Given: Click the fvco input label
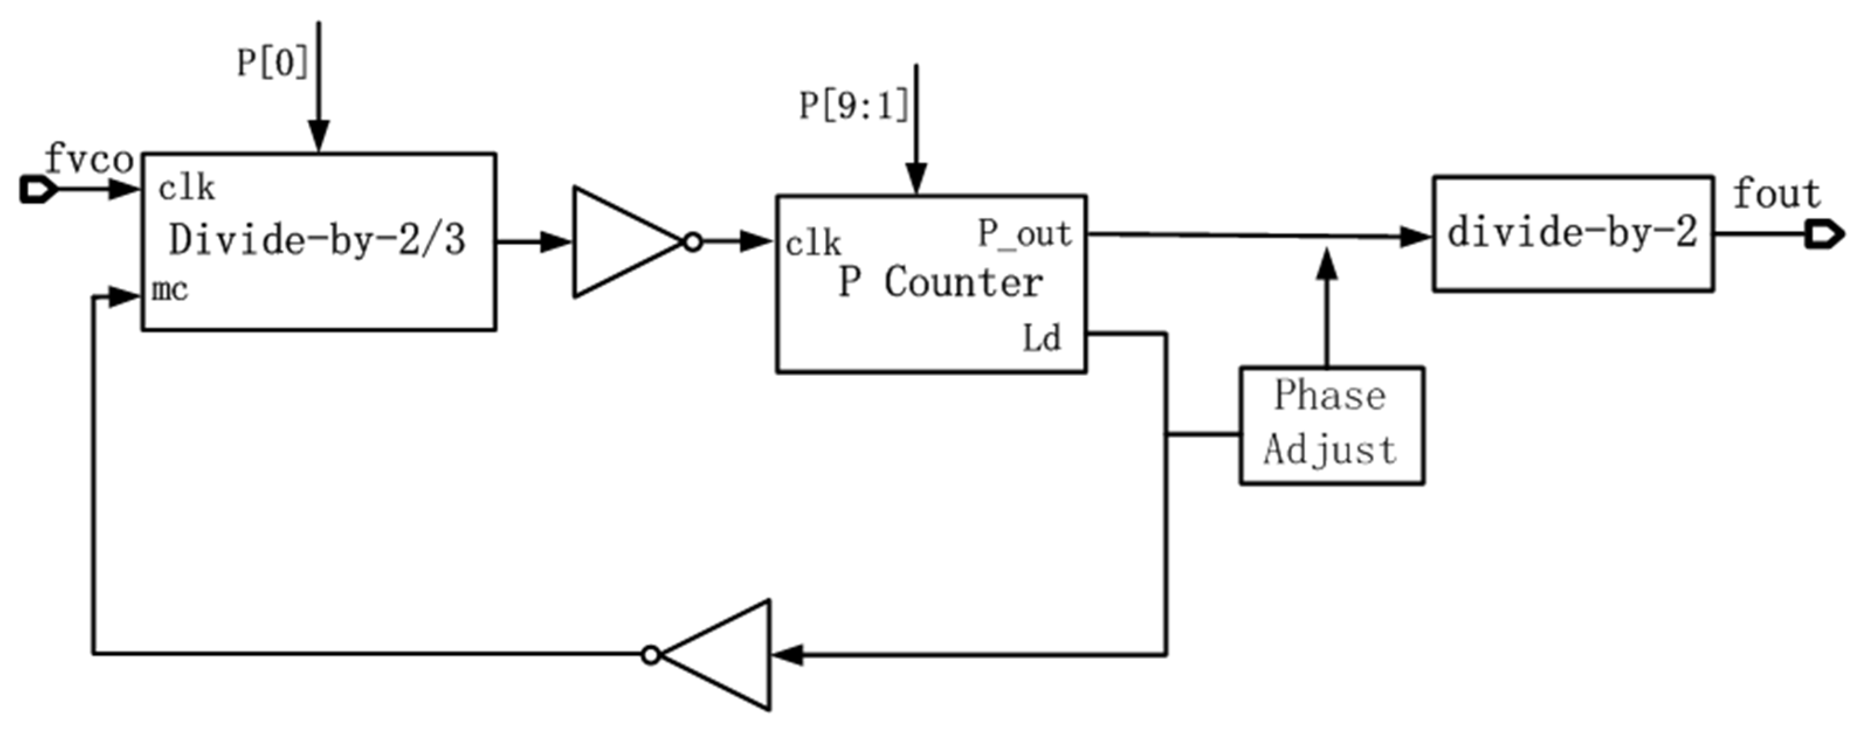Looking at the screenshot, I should click(88, 159).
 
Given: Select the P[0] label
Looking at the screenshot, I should click(272, 63).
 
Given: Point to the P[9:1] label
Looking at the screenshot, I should click(853, 106).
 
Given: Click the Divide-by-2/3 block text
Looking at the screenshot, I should click(318, 240).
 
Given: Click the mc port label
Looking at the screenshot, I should click(170, 290).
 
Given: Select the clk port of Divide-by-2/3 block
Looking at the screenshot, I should click(187, 189).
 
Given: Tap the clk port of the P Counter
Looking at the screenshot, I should click(813, 244).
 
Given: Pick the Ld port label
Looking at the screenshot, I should click(1041, 338).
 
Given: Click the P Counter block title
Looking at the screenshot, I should click(940, 282).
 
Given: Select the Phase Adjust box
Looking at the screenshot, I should click(1331, 425).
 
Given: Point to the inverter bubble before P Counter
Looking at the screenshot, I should click(693, 242).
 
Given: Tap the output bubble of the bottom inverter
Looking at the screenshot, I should click(651, 655).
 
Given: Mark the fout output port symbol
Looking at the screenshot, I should click(1824, 235).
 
